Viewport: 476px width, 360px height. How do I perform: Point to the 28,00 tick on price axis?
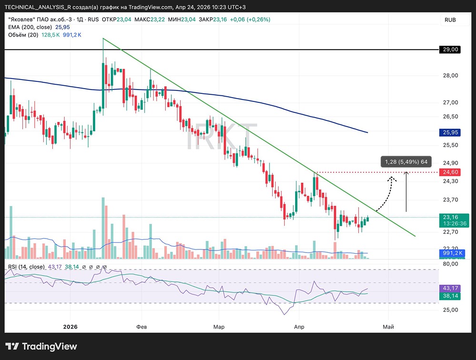point(451,75)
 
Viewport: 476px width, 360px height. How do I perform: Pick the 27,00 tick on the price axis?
point(451,102)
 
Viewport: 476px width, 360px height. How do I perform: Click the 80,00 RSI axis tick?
point(451,263)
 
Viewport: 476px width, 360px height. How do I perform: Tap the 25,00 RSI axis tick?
point(451,310)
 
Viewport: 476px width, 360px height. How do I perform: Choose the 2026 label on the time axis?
point(70,327)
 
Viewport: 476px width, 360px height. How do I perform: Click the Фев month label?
point(141,327)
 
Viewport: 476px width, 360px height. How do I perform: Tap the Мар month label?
point(219,327)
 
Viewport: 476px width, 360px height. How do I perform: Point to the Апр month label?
point(299,327)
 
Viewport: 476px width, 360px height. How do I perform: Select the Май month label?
point(388,327)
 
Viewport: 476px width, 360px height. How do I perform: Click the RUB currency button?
point(450,20)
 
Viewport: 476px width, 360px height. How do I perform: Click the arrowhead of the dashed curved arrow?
point(392,178)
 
